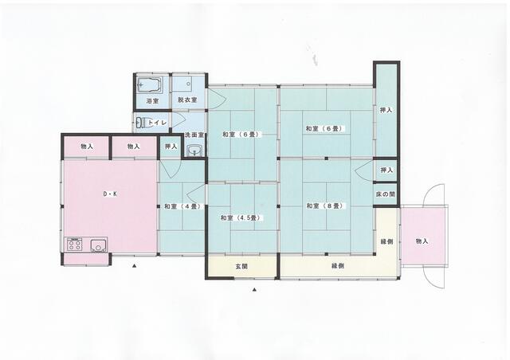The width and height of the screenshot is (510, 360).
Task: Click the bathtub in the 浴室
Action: pyautogui.click(x=150, y=85)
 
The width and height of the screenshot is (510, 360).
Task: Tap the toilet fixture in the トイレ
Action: pyautogui.click(x=142, y=123)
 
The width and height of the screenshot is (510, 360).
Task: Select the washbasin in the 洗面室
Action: pyautogui.click(x=194, y=151)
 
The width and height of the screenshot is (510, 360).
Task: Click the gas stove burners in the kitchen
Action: pyautogui.click(x=75, y=245)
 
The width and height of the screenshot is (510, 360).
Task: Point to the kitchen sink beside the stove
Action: pyautogui.click(x=99, y=245)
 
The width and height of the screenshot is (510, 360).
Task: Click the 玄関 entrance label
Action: pyautogui.click(x=241, y=266)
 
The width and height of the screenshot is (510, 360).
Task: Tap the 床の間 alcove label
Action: pyautogui.click(x=386, y=194)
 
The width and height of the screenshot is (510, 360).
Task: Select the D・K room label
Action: pyautogui.click(x=110, y=194)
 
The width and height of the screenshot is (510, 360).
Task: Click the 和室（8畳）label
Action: pyautogui.click(x=325, y=205)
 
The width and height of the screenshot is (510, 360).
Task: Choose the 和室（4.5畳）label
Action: pyautogui.click(x=241, y=218)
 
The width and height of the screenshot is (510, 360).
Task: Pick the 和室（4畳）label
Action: pyautogui.click(x=182, y=206)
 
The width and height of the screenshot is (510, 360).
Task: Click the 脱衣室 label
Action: pyautogui.click(x=187, y=100)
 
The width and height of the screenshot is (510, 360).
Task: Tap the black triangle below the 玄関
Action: pyautogui.click(x=255, y=289)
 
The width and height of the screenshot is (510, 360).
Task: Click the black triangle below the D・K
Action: pyautogui.click(x=134, y=266)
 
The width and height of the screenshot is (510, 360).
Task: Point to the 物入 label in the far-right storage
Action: pyautogui.click(x=422, y=241)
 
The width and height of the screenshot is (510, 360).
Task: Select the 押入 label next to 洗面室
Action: pyautogui.click(x=171, y=147)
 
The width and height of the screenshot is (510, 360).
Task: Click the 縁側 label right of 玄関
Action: pyautogui.click(x=338, y=266)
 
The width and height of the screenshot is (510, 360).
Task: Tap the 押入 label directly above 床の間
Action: pyautogui.click(x=386, y=170)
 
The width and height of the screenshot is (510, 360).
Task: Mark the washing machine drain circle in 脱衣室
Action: pyautogui.click(x=188, y=84)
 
